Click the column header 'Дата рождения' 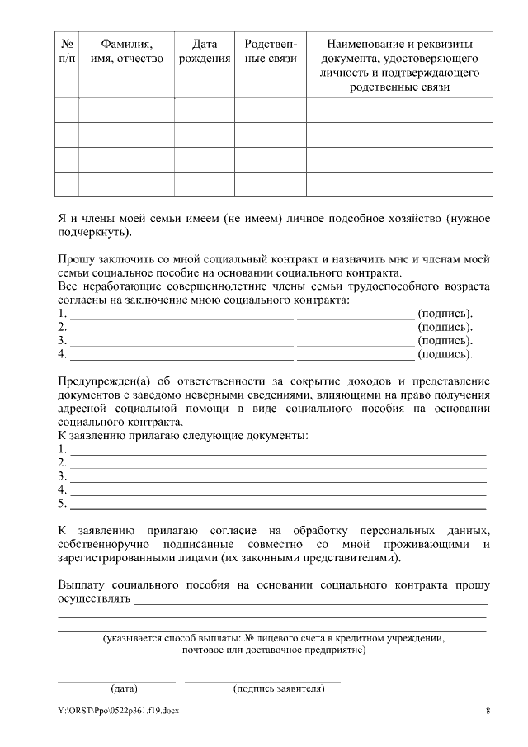point(204,50)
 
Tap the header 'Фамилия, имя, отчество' point(126,50)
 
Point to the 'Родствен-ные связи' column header point(271,50)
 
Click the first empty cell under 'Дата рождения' point(204,110)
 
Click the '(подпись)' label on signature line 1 point(445,314)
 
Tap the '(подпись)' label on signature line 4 point(445,355)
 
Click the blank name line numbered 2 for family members point(181,329)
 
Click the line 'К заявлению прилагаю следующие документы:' point(182,434)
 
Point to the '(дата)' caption point(124,688)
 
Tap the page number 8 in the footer point(488,711)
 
